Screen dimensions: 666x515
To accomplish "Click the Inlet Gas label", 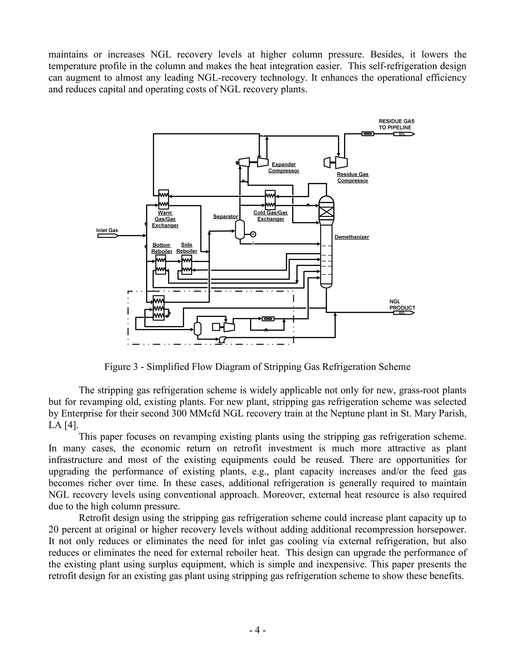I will [x=107, y=230].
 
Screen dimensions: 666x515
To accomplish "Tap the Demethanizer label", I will [x=352, y=237].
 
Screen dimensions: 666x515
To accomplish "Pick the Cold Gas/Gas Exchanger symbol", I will [x=270, y=200].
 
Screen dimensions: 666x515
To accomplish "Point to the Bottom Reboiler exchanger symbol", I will [x=160, y=265].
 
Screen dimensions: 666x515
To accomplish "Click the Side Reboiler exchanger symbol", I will [x=187, y=265].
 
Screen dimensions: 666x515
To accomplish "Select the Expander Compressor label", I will [x=283, y=167].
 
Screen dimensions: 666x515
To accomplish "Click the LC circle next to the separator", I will [x=253, y=234].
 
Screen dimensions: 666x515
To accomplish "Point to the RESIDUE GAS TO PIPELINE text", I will [x=396, y=124].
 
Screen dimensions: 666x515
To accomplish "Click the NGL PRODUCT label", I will [x=402, y=305].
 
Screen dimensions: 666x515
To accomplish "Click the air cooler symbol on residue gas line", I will [x=368, y=133].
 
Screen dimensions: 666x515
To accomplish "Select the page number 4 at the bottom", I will [x=257, y=630].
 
